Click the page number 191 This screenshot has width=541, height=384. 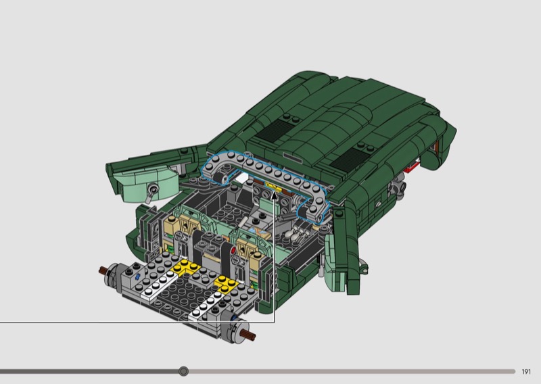point(526,372)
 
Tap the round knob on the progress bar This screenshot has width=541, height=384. point(183,371)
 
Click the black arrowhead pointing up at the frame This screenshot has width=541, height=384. point(275,195)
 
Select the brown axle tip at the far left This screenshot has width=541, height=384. point(103,270)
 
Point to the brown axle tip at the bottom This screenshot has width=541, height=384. point(250,333)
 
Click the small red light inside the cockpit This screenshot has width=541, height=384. point(233,250)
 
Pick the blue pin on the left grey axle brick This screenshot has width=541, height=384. point(138,277)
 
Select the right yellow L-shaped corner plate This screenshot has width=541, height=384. point(226,283)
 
